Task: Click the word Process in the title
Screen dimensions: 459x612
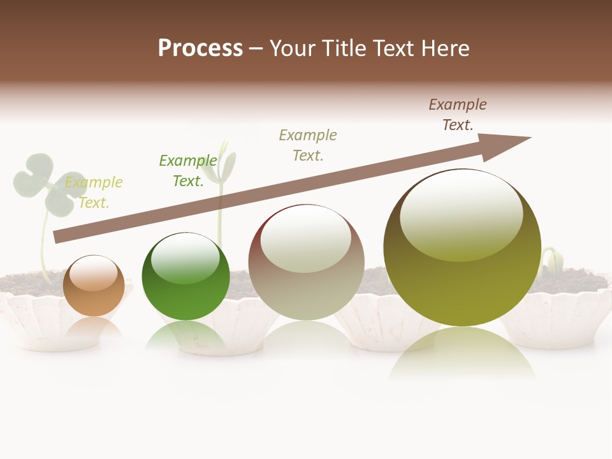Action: (200, 48)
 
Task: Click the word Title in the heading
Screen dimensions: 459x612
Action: (346, 48)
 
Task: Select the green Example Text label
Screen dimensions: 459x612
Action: (188, 171)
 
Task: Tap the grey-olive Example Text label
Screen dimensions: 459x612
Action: (308, 145)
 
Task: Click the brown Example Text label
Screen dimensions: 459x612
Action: (458, 115)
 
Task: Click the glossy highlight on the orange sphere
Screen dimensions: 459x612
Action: (93, 274)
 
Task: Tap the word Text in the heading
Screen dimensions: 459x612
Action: (394, 48)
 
